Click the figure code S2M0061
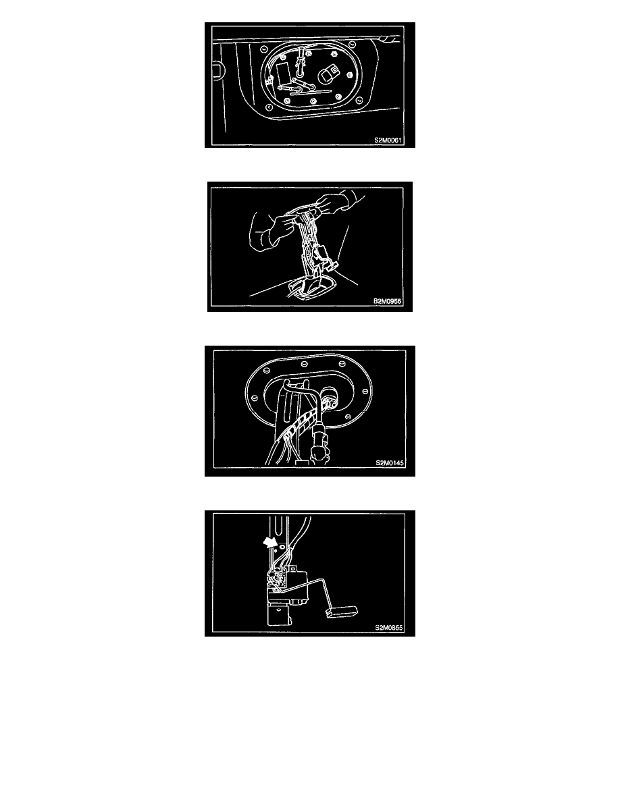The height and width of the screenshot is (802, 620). coord(388,140)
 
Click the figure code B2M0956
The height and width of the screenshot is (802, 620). coord(387,301)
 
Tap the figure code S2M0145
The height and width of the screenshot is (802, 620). coord(390,463)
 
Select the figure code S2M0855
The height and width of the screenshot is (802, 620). coord(389,628)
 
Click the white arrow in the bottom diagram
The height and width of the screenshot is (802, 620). coord(269,543)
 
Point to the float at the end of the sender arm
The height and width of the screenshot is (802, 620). coord(342,610)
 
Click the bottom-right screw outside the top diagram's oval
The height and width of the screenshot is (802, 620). coord(359,101)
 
